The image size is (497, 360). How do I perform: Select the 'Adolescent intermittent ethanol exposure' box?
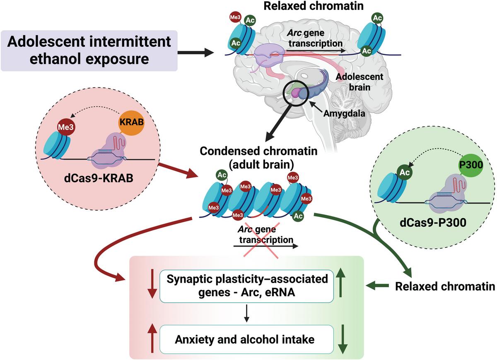(x=89, y=50)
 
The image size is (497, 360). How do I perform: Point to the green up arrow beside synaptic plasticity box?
(x=342, y=285)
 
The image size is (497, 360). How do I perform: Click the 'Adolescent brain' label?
(x=359, y=82)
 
